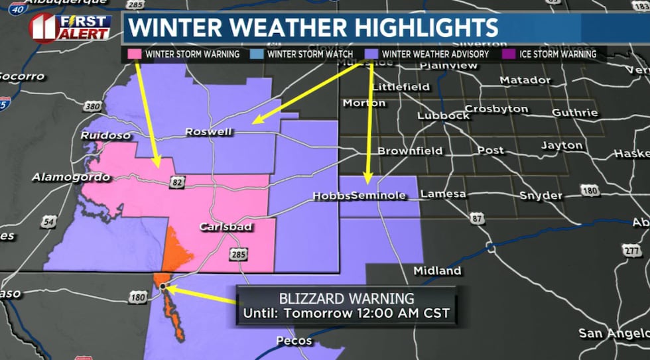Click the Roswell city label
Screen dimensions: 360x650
(208, 131)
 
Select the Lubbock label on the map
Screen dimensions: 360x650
(443, 115)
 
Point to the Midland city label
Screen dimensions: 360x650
(436, 271)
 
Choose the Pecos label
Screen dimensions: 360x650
(294, 341)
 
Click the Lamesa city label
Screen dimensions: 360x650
(442, 194)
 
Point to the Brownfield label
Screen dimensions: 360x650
(410, 151)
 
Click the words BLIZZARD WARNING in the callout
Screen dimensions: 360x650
(346, 298)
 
